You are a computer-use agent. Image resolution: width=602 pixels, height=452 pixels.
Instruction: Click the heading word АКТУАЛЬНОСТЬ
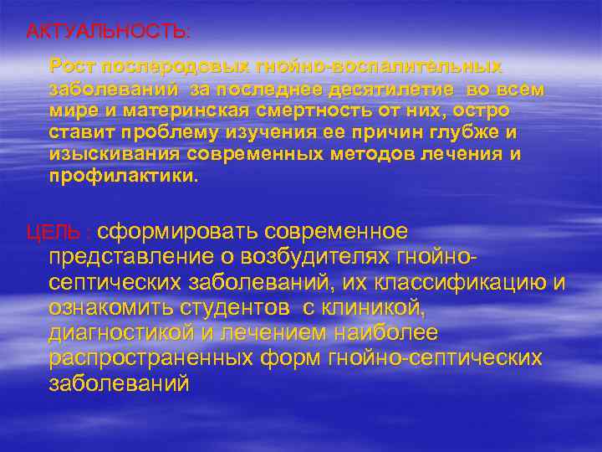pos(107,32)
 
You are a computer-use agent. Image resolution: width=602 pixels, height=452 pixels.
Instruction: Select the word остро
pos(484,110)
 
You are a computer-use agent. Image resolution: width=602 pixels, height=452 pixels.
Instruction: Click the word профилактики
pos(121,177)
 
